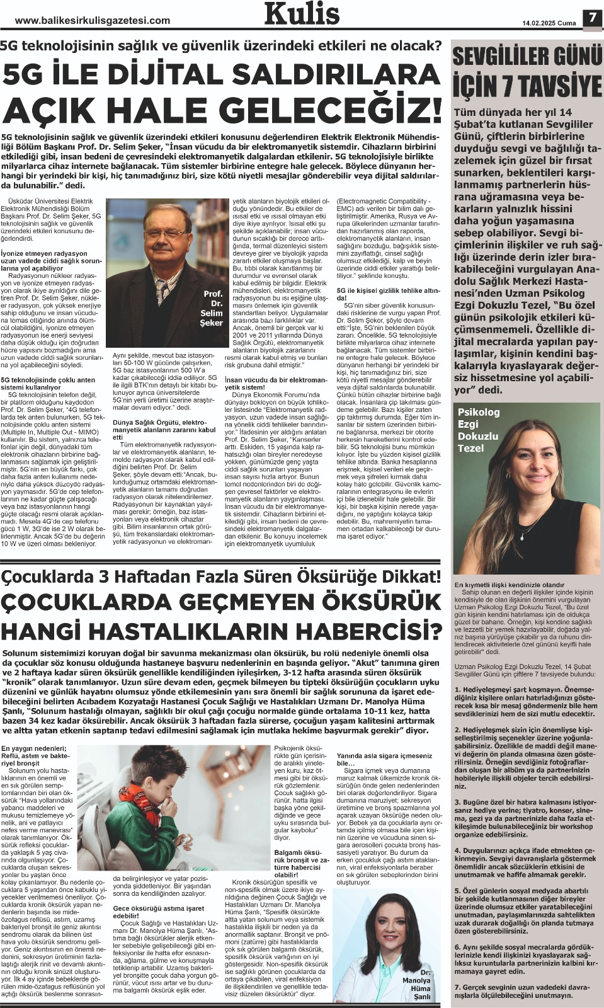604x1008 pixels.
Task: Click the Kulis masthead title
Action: (x=302, y=14)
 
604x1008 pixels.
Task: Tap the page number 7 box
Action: (x=591, y=18)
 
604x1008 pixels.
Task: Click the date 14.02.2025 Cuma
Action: (x=549, y=23)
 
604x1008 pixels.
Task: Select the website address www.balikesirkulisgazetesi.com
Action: (x=93, y=20)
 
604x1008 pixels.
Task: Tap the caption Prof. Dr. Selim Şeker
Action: (x=213, y=308)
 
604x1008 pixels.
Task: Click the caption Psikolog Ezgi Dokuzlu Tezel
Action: (x=479, y=430)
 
